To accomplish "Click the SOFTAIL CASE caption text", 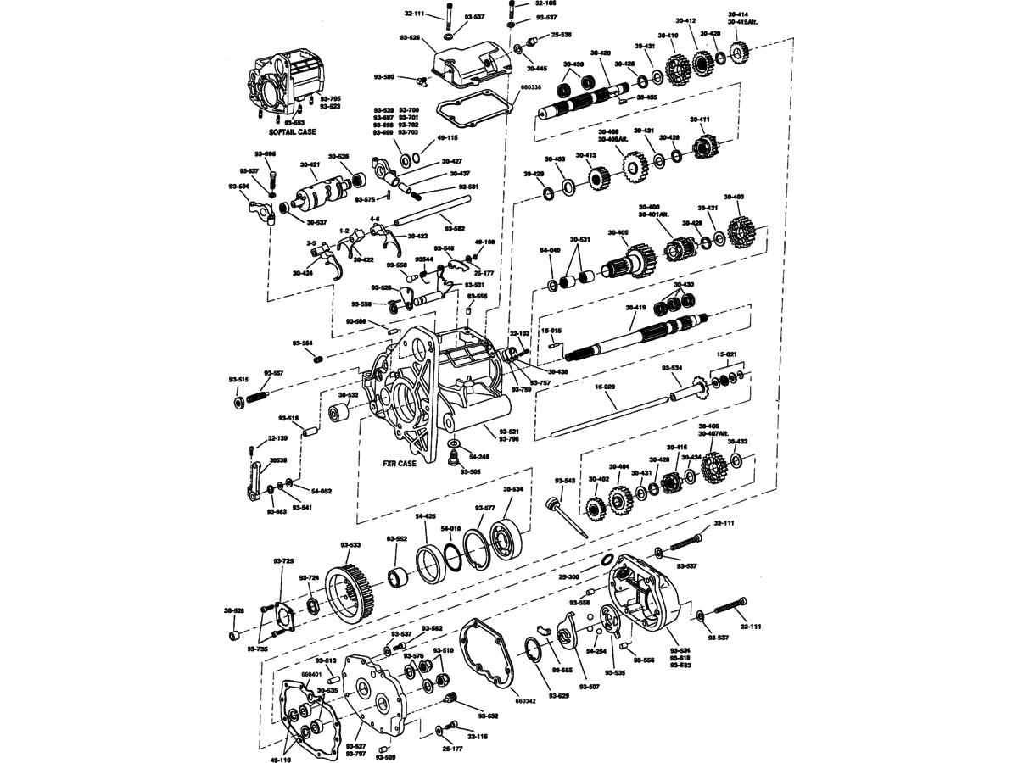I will (292, 133).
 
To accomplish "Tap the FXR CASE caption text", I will (399, 464).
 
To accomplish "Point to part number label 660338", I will (529, 87).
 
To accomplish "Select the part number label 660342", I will (526, 701).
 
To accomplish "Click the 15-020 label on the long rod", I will (605, 386).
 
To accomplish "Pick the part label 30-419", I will (636, 308).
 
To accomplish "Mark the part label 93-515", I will (238, 379).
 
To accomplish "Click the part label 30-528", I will (234, 610).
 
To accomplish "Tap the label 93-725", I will (283, 560).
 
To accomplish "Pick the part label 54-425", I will (425, 516).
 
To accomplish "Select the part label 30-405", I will (618, 232).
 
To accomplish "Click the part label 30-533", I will (349, 395).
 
